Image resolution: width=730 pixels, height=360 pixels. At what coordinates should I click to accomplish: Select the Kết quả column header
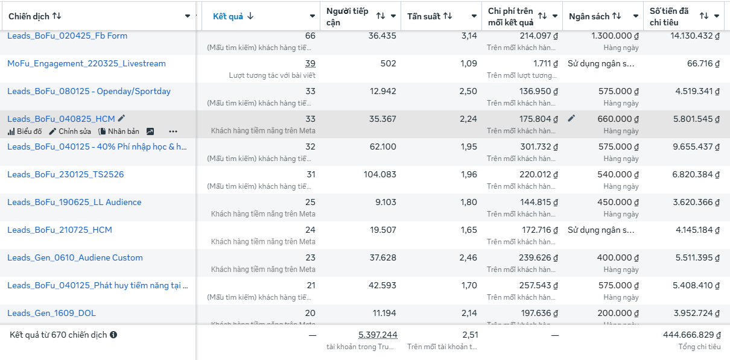tap(228, 16)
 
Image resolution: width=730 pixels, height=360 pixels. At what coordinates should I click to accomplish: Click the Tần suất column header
tap(424, 16)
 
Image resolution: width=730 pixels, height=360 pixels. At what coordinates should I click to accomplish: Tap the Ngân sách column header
tap(589, 16)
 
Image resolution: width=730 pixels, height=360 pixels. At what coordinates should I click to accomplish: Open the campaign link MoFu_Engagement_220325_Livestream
tap(86, 63)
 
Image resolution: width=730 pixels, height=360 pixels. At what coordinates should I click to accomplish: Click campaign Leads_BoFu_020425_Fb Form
tap(67, 36)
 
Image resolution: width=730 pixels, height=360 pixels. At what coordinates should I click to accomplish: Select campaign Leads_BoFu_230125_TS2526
tap(65, 174)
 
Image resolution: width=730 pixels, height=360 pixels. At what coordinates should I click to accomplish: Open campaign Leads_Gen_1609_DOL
tap(51, 313)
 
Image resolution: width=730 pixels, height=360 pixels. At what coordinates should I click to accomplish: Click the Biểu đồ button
tap(25, 131)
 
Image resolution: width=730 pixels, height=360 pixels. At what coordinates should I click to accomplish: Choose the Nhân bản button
tap(119, 131)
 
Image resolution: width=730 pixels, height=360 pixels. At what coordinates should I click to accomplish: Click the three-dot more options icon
tap(173, 131)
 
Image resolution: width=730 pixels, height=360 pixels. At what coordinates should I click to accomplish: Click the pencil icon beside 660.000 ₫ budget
tap(571, 119)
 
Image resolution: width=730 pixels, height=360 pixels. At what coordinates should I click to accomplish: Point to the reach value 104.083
tap(378, 174)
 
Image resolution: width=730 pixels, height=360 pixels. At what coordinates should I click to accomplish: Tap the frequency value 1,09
tap(468, 63)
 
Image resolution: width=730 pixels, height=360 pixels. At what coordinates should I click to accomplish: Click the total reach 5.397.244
tap(377, 335)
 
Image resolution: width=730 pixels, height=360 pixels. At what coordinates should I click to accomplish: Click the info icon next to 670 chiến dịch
tap(113, 335)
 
